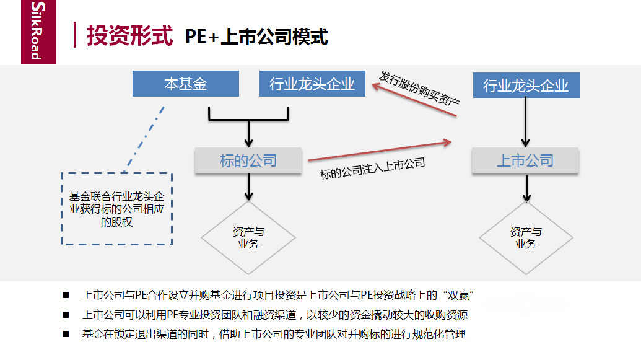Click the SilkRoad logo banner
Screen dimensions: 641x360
pos(38,32)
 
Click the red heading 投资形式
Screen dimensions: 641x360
pos(129,35)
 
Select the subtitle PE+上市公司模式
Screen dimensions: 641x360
pos(256,37)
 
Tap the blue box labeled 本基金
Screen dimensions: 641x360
pos(186,84)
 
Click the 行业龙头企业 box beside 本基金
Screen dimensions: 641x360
pos(312,84)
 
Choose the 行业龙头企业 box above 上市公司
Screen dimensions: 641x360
pos(526,85)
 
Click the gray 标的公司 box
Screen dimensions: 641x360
pos(248,160)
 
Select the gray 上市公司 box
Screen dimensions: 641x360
pos(525,160)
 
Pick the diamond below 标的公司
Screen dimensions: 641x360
pos(248,238)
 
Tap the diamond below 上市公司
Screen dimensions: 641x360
pos(526,238)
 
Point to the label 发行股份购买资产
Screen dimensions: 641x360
pos(419,89)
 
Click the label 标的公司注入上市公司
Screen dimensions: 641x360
pos(372,168)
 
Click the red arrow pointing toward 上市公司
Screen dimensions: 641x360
pos(380,151)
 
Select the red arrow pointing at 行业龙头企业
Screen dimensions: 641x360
pos(414,100)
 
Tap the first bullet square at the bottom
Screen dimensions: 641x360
pos(66,295)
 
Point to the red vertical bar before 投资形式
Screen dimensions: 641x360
pos(74,35)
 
